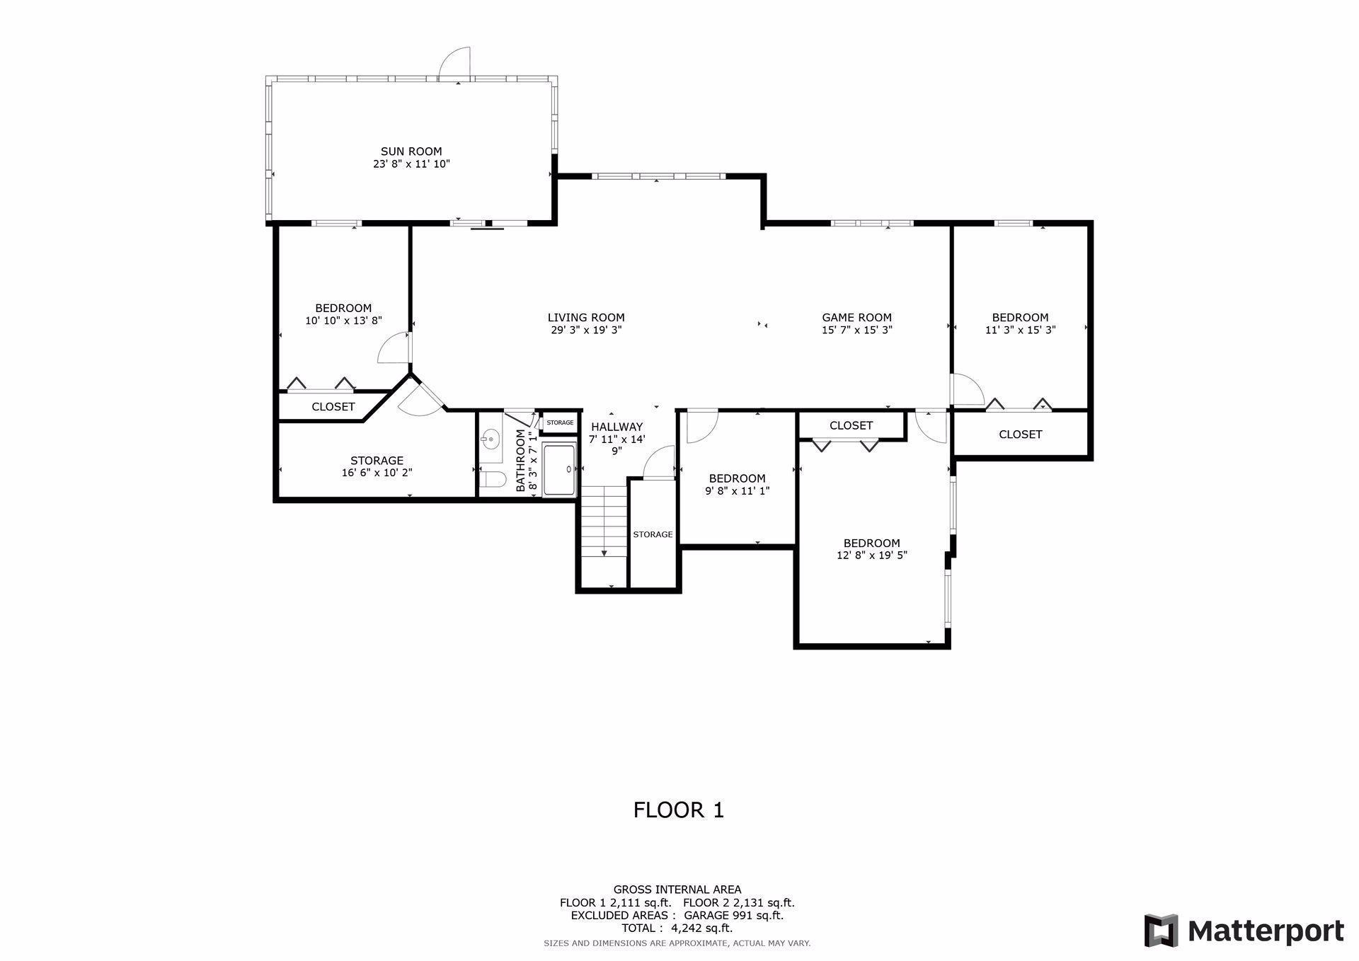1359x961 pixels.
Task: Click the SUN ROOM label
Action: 411,151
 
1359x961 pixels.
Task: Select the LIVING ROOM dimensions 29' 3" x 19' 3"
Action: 586,330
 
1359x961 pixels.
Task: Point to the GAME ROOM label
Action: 856,318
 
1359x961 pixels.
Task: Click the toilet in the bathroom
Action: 492,480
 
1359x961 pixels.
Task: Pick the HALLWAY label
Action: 617,427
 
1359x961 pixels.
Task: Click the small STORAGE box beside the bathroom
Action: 560,422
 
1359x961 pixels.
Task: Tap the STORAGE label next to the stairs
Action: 653,534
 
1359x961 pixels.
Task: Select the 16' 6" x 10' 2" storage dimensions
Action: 377,473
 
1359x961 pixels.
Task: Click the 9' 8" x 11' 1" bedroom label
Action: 737,478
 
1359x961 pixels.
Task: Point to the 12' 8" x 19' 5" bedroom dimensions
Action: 871,556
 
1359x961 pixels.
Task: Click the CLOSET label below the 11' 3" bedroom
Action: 1020,435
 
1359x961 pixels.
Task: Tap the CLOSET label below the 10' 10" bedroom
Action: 333,407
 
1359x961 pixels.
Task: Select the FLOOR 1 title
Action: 678,810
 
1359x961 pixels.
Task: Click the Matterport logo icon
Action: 1161,931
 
